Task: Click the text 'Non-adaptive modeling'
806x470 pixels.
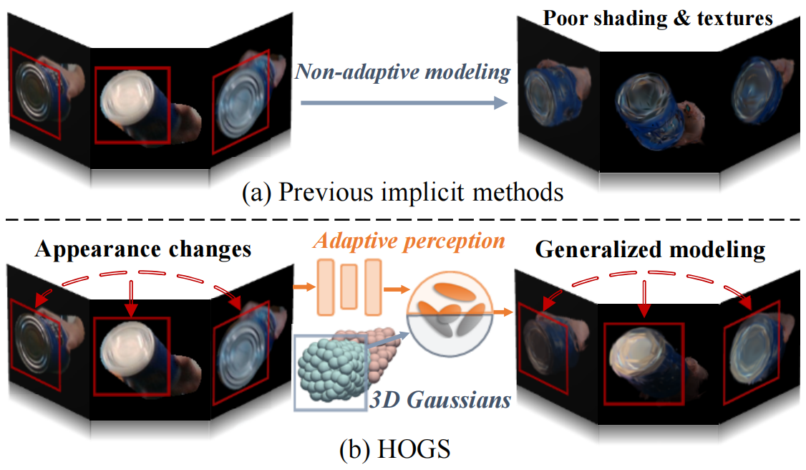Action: pyautogui.click(x=403, y=72)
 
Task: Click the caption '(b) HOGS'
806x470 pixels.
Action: pyautogui.click(x=403, y=451)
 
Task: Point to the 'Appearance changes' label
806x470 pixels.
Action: pyautogui.click(x=143, y=249)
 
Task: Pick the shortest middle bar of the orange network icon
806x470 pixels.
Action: pyautogui.click(x=349, y=286)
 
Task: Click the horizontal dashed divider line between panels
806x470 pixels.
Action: pyautogui.click(x=403, y=218)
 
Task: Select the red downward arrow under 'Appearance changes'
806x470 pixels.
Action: pyautogui.click(x=130, y=297)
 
